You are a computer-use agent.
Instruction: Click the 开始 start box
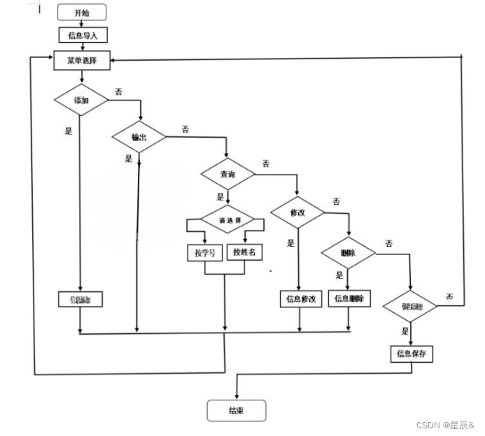coord(83,13)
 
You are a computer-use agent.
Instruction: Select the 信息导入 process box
coord(82,34)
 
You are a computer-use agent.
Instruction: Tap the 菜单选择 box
coord(82,61)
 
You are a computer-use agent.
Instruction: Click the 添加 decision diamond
coord(81,101)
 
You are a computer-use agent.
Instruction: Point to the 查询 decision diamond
coord(227,174)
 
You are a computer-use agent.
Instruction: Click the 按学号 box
coord(204,252)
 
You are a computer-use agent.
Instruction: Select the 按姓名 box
coord(244,252)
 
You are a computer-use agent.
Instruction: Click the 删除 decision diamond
coord(348,252)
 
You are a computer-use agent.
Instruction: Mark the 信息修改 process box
coord(301,299)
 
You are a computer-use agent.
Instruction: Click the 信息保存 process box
coord(412,354)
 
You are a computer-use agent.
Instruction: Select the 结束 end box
coord(236,411)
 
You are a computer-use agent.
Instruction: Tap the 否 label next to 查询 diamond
coord(266,163)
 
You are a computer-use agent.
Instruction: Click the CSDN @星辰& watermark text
coord(444,426)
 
